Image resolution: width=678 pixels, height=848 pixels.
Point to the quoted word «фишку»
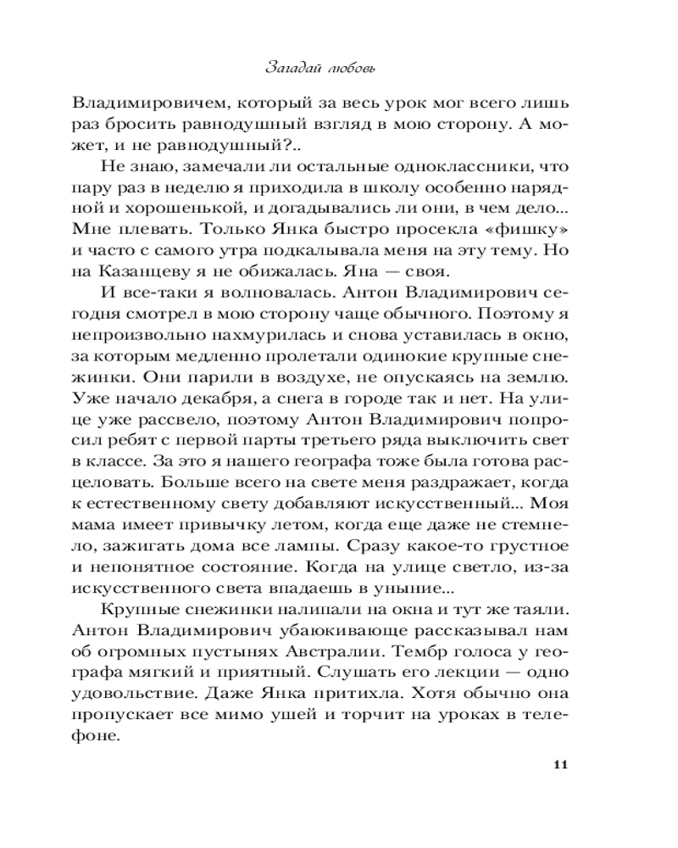coord(531,229)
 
